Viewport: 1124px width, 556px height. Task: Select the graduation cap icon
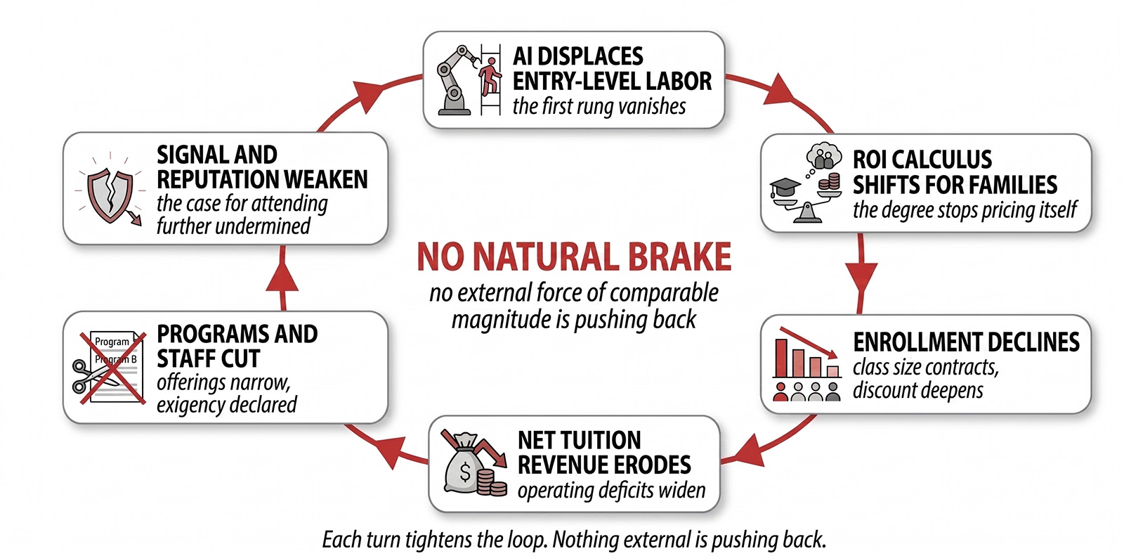(785, 188)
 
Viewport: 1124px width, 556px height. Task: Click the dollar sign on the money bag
(465, 472)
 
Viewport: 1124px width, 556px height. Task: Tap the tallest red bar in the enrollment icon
(780, 358)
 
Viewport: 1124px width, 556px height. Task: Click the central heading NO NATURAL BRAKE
(573, 257)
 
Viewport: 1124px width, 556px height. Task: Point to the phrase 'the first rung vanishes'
(599, 106)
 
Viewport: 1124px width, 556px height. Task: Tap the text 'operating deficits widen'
(611, 490)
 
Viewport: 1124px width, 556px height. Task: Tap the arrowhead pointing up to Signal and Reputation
(282, 277)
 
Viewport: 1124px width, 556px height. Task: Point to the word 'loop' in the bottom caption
(530, 540)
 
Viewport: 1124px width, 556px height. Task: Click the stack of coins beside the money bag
(491, 483)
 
